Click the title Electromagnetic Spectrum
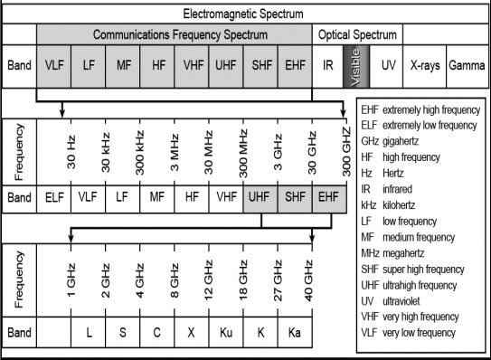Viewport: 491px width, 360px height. click(x=244, y=14)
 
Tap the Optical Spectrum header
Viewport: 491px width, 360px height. click(x=355, y=34)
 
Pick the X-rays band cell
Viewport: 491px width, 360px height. click(x=427, y=66)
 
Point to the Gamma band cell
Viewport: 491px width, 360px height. click(x=467, y=66)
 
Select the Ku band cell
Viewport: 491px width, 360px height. click(x=227, y=331)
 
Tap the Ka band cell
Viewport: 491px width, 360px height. click(x=293, y=331)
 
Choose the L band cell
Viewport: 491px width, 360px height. click(x=89, y=331)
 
